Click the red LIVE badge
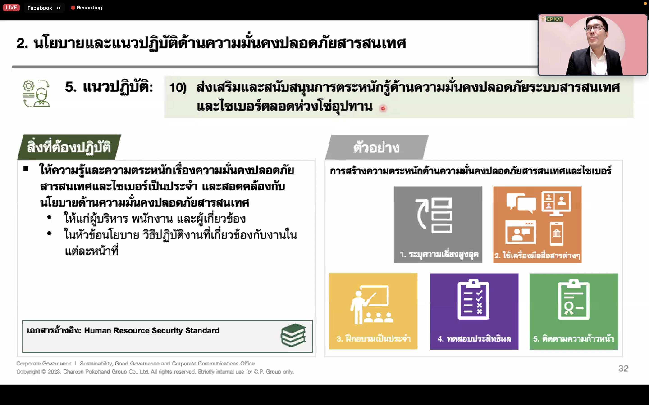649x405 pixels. click(11, 7)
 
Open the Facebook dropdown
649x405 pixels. click(44, 8)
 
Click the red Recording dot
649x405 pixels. click(73, 8)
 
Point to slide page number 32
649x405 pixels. click(623, 368)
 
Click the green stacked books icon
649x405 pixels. click(293, 335)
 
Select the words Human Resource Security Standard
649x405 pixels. click(152, 330)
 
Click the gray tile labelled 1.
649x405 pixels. click(438, 225)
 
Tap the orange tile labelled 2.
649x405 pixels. click(537, 225)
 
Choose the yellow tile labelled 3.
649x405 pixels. click(373, 311)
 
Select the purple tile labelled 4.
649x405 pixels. click(474, 311)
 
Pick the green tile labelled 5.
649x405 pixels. click(574, 311)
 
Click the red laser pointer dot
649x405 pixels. click(383, 108)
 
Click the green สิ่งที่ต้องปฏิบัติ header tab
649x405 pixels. click(69, 147)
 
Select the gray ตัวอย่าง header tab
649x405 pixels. click(377, 147)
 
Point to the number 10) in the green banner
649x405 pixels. click(178, 88)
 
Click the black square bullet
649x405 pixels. click(26, 168)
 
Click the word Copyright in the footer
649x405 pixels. click(28, 372)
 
